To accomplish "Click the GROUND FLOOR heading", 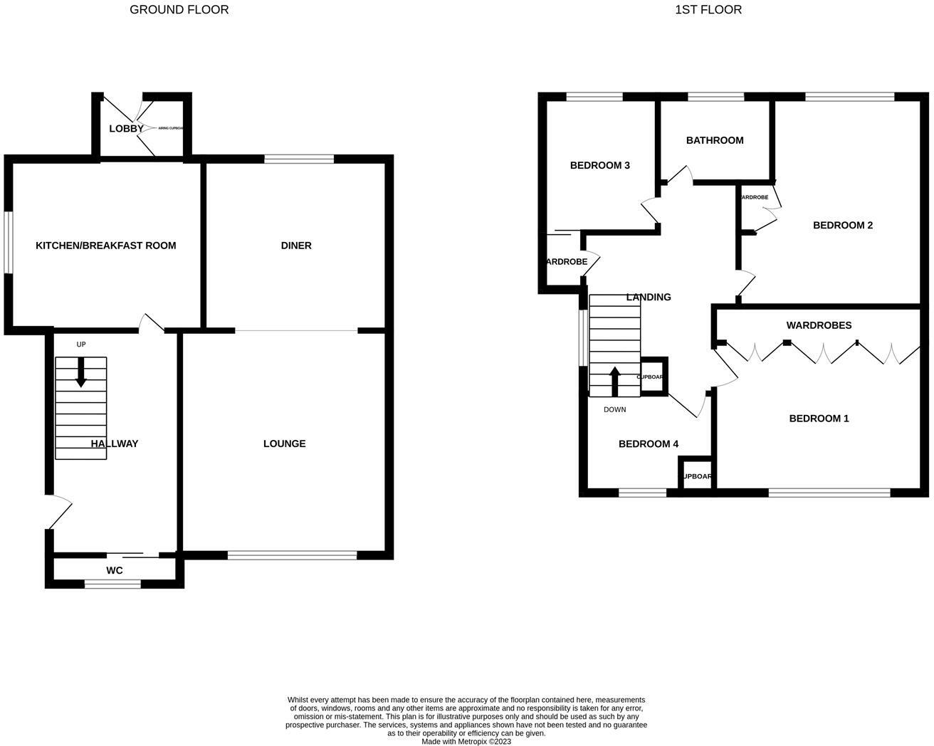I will coord(179,10).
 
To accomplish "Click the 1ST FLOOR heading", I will coord(708,10).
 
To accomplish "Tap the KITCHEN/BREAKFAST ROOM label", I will coord(105,246).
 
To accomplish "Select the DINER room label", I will coord(296,246).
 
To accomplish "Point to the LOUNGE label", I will coord(284,443).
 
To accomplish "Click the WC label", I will coord(114,570).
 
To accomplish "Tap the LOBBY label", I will coord(126,129).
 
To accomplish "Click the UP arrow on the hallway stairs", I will coord(80,372).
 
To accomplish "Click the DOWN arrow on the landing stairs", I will coord(615,380).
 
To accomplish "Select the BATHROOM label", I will coord(715,140).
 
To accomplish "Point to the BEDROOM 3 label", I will coord(599,165).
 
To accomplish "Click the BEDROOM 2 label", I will coord(842,225).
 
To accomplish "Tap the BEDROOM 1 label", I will coord(819,419).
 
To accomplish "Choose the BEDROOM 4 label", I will coord(648,444).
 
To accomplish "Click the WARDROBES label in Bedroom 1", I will coord(819,325).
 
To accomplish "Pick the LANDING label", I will coord(648,297).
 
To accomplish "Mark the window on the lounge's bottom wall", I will coord(292,555).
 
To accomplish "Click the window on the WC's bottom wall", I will coord(112,584).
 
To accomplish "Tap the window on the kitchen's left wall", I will coord(8,242).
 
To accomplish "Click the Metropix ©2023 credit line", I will coord(466,741).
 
